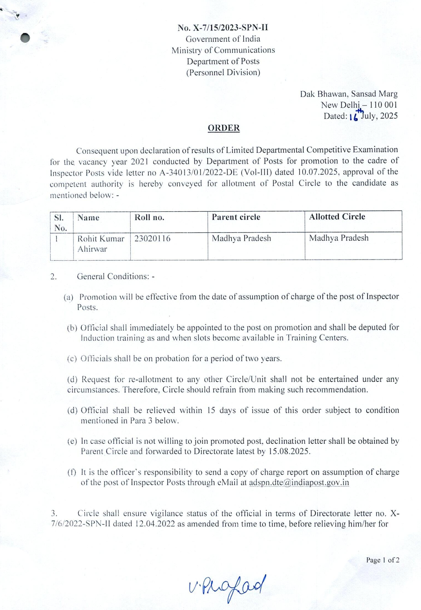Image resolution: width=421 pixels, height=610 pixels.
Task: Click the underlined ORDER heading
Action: tap(224, 128)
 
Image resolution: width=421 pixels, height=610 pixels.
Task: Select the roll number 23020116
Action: tap(152, 239)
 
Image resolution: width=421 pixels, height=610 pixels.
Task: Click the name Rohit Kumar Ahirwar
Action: tap(101, 244)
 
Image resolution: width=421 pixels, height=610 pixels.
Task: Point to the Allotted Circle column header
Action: tap(337, 217)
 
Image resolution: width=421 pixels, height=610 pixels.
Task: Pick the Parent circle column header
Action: tap(236, 217)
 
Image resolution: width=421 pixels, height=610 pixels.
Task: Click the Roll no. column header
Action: tap(149, 217)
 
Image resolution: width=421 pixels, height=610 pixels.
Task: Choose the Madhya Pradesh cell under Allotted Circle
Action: tap(339, 238)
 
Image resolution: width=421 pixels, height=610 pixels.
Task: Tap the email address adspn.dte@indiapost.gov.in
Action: tap(299, 482)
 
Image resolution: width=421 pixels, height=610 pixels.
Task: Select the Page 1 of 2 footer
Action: tap(383, 560)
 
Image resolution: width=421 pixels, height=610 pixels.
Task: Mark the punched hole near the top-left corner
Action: tap(25, 38)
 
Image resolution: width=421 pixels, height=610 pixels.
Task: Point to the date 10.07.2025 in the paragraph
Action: tap(318, 172)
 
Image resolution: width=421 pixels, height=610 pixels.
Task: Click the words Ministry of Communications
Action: tap(223, 50)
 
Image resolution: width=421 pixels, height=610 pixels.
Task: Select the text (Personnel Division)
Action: tap(223, 72)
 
